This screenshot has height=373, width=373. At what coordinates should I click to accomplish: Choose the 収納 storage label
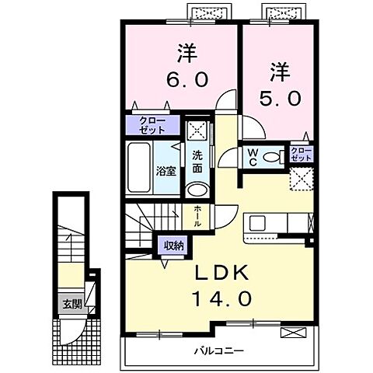tap(173, 246)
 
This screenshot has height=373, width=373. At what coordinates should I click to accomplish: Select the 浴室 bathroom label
tap(165, 170)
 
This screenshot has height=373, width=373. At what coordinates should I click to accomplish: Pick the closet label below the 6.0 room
tap(147, 125)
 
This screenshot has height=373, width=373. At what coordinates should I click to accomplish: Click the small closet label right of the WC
tap(301, 153)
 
